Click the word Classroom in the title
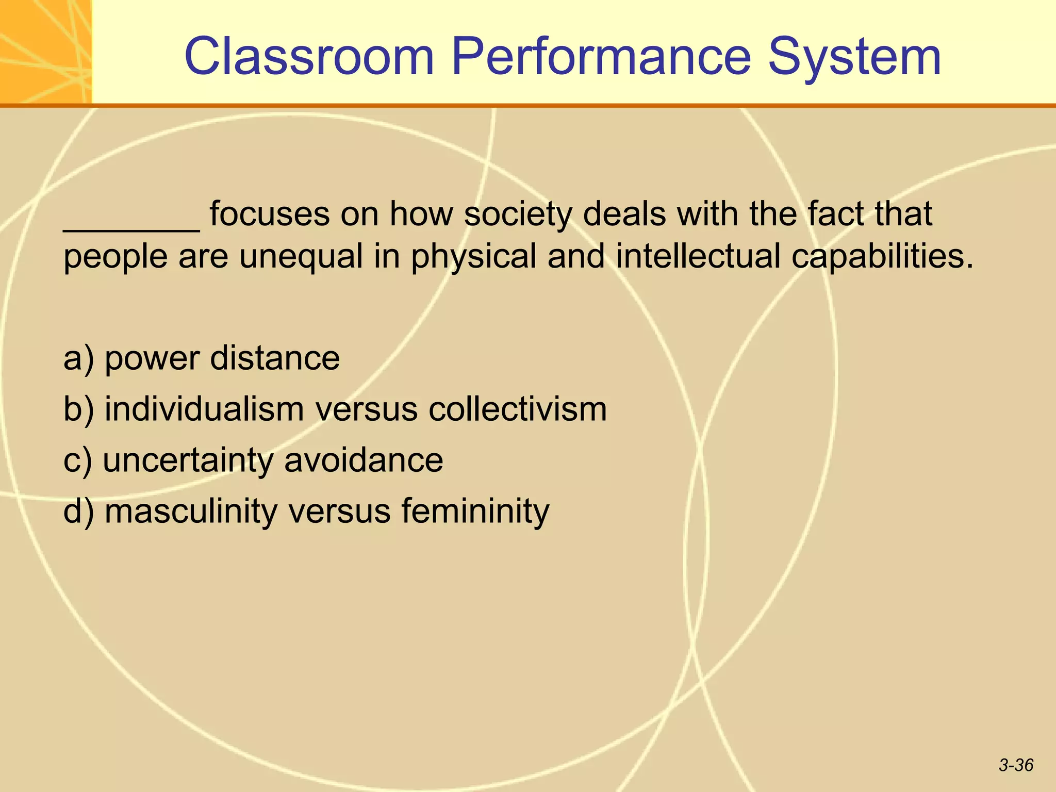pos(309,57)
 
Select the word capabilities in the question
pos(882,257)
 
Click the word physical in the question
pos(474,257)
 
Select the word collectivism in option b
pos(518,409)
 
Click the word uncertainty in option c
pos(188,460)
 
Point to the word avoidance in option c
pos(364,459)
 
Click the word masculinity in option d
pos(191,511)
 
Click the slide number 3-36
pos(1016,765)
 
